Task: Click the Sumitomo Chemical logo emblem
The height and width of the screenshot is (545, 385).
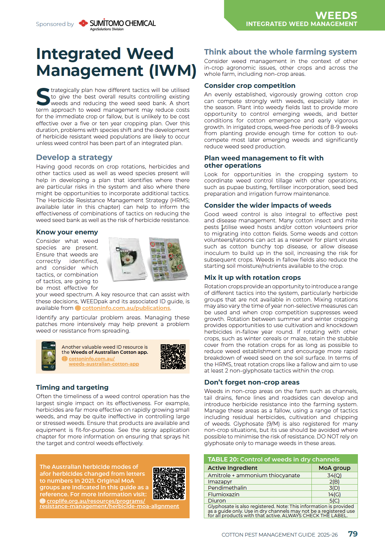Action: click(83, 23)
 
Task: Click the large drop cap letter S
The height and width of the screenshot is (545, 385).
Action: click(43, 97)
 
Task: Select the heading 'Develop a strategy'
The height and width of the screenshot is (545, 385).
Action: click(74, 157)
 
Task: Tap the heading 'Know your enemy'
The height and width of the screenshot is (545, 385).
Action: click(67, 232)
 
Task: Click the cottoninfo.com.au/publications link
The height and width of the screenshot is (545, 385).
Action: click(126, 308)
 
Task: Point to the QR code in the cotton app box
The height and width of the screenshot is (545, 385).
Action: click(173, 356)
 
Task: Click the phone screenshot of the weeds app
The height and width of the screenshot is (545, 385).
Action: click(48, 356)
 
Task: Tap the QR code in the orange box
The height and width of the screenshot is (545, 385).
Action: click(169, 483)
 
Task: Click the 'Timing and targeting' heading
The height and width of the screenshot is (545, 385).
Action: click(72, 388)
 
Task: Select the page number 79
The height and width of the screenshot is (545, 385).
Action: click(353, 534)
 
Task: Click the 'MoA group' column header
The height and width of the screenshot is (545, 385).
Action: click(334, 468)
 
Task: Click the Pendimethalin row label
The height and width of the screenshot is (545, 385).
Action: click(227, 488)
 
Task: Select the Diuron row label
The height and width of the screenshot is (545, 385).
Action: click(217, 501)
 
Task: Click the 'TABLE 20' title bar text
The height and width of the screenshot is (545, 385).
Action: click(273, 459)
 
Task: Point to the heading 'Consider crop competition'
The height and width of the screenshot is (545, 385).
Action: click(250, 86)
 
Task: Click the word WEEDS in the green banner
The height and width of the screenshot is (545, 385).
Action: click(336, 15)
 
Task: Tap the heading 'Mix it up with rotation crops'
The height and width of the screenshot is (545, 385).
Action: click(253, 278)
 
